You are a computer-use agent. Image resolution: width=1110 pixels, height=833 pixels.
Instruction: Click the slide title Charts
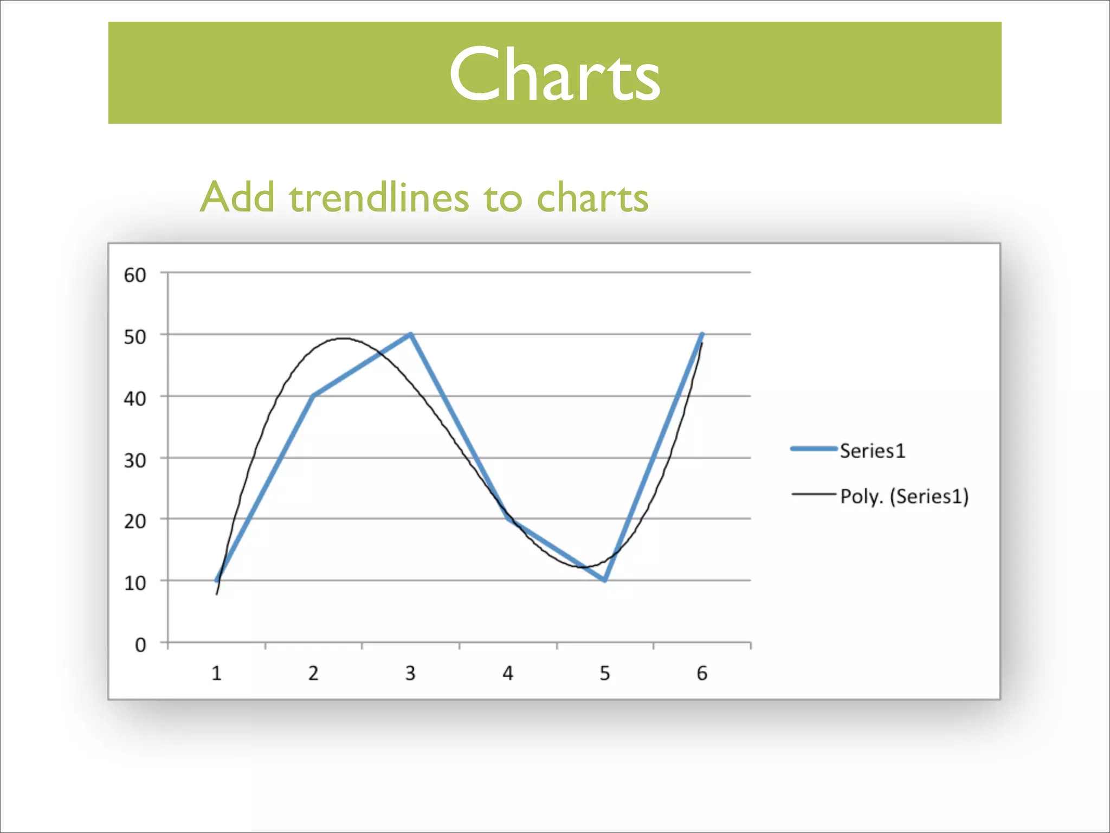click(554, 74)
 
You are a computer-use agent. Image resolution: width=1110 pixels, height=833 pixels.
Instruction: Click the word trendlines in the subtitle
click(379, 197)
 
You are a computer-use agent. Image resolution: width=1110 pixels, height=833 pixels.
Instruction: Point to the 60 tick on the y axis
click(135, 275)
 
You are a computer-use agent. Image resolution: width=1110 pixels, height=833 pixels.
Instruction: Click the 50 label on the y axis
click(135, 337)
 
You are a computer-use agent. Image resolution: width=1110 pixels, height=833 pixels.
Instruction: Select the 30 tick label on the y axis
click(135, 460)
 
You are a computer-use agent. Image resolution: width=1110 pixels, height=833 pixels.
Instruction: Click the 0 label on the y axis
click(140, 645)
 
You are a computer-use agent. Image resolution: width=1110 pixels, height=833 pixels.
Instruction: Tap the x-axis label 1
click(216, 674)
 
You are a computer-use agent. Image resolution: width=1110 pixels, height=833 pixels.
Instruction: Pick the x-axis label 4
click(508, 674)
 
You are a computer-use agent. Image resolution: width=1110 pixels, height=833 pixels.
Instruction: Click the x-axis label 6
click(702, 674)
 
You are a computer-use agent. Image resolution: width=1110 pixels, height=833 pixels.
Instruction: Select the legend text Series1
click(873, 451)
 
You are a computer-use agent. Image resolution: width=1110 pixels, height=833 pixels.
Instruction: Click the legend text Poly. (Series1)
click(904, 496)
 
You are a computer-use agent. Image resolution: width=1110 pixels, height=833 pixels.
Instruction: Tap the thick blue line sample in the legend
click(814, 448)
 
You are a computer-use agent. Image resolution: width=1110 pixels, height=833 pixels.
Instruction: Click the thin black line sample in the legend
click(814, 494)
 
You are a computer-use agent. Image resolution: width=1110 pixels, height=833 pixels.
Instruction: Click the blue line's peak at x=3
click(411, 335)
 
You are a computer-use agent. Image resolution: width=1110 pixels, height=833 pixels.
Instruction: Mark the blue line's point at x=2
click(314, 396)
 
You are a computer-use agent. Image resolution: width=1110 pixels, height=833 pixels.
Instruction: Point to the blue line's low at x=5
click(605, 580)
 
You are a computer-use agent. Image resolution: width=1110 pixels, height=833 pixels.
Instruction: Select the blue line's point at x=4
click(508, 518)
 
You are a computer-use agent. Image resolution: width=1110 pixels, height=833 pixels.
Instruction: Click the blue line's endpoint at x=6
click(702, 335)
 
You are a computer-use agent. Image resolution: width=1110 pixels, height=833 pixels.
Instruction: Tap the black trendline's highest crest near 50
click(344, 339)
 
